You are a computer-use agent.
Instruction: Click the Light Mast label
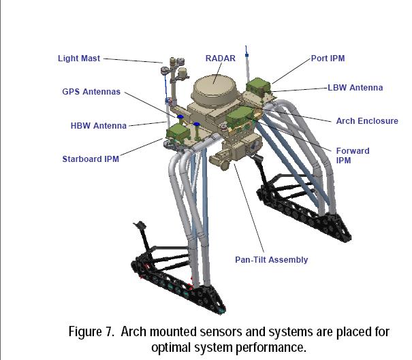78,59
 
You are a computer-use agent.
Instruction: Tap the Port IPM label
328,59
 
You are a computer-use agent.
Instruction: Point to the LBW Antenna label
355,88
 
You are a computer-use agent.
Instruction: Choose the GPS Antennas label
91,92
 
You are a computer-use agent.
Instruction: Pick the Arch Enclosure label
367,121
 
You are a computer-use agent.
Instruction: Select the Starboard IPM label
91,159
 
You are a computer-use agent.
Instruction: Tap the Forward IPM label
353,155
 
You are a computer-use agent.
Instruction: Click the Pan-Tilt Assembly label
272,259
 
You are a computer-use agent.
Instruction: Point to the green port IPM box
257,86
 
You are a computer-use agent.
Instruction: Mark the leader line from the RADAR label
218,71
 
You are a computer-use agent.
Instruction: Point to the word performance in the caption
272,347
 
